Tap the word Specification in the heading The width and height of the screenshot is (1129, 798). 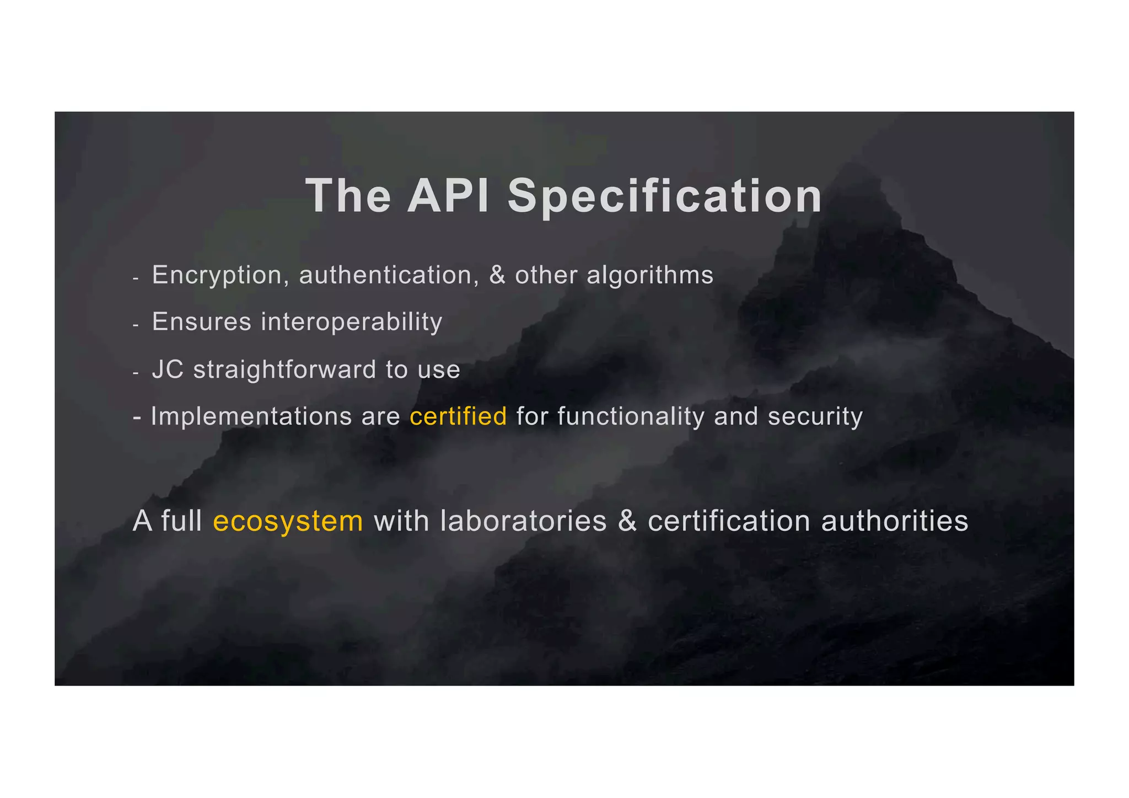(665, 197)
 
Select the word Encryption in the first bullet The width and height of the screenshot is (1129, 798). (217, 275)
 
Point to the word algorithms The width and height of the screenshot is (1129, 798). (650, 275)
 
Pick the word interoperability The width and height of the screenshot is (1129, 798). (351, 322)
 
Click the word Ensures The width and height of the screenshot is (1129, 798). (201, 322)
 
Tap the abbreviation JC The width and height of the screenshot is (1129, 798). (168, 369)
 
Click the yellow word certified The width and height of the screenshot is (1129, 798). (458, 416)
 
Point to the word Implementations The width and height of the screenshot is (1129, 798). (251, 416)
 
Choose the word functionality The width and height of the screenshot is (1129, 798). (631, 416)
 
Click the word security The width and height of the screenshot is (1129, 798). (815, 416)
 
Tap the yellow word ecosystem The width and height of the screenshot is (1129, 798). (288, 521)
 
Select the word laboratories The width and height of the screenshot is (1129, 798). (523, 521)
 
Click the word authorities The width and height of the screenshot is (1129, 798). (894, 521)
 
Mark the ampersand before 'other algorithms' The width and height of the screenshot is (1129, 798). (497, 275)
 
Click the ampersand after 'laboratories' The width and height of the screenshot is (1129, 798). (627, 521)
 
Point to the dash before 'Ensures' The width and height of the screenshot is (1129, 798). (136, 325)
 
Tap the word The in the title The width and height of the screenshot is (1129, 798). (348, 196)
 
